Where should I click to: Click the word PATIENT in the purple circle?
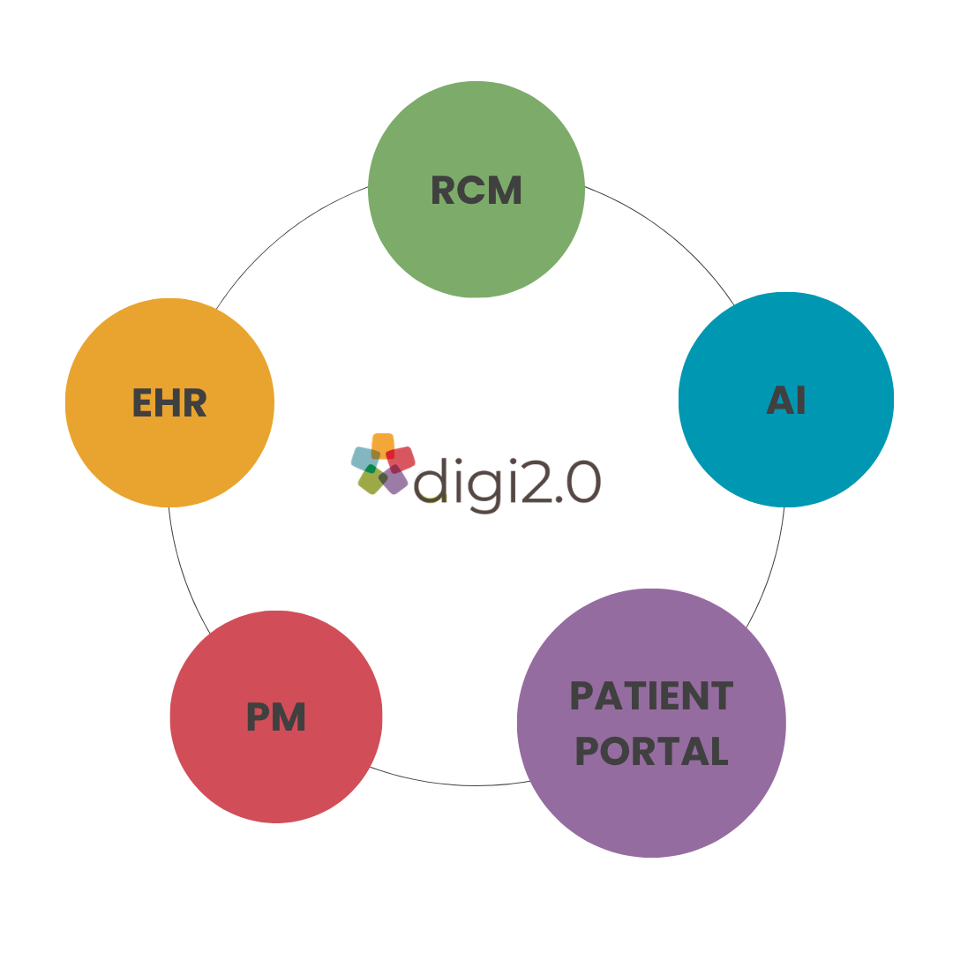coord(652,696)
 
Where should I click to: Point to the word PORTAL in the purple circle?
coord(652,752)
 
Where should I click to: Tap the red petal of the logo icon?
coord(402,458)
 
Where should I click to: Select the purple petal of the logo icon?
coord(395,481)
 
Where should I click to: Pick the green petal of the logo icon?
coord(371,481)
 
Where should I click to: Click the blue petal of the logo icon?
coord(363,458)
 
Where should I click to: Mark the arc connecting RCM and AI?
coord(671,230)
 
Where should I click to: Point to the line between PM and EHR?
coord(183,574)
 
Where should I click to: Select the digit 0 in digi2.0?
coord(583,483)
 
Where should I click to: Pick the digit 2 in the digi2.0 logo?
coord(537,483)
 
